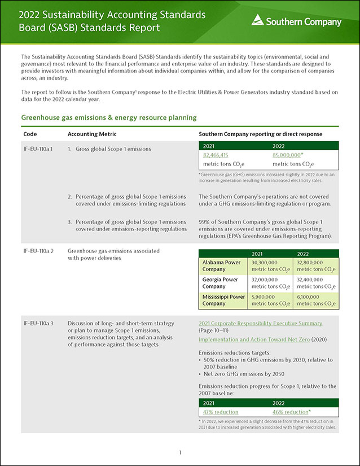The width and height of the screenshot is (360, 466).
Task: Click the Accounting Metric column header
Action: (x=92, y=134)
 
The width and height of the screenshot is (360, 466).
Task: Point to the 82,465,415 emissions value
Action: (x=216, y=155)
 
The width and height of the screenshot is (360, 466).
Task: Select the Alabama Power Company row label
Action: (x=221, y=266)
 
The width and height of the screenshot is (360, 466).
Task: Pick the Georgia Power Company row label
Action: (x=221, y=283)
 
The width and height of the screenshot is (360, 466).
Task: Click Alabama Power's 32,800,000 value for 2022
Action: (x=315, y=263)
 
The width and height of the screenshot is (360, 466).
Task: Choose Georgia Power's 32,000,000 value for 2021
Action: (x=269, y=280)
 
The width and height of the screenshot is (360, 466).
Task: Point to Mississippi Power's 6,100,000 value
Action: (x=311, y=297)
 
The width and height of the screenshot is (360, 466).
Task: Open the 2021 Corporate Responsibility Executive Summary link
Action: (x=260, y=324)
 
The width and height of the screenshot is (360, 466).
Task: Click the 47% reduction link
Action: (x=221, y=412)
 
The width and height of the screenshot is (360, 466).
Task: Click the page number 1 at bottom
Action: (x=179, y=452)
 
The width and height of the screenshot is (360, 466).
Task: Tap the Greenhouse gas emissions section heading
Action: (x=108, y=117)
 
